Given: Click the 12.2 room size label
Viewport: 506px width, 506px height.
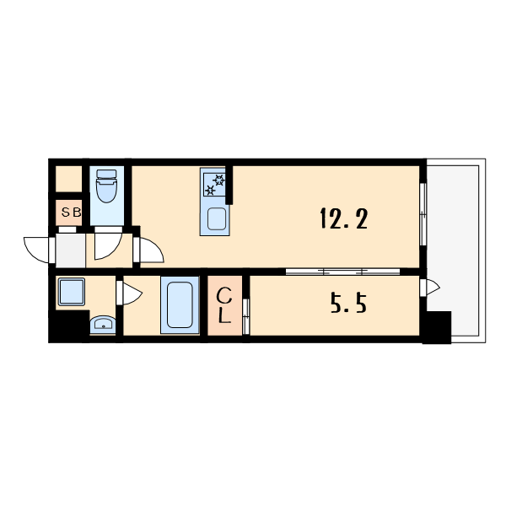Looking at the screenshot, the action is [x=344, y=218].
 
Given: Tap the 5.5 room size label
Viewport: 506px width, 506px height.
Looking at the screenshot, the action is [x=349, y=304].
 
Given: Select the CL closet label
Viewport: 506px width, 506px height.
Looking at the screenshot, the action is [x=224, y=305].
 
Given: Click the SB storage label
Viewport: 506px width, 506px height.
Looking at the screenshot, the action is [x=71, y=213].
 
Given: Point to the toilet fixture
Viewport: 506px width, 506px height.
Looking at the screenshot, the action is [x=106, y=186].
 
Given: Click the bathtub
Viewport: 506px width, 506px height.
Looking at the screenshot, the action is [x=180, y=304].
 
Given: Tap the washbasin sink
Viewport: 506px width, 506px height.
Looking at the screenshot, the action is [x=103, y=325].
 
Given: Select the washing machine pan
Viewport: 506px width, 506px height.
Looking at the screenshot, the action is [x=72, y=292].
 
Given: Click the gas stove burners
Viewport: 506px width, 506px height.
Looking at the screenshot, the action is [x=214, y=184].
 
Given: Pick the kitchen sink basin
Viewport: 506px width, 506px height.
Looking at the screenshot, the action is [x=216, y=218].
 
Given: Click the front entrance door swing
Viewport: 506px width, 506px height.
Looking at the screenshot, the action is [x=36, y=250].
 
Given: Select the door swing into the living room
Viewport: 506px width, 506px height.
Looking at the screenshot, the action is [x=152, y=250].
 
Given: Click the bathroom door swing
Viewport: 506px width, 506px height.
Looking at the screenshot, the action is [x=132, y=293].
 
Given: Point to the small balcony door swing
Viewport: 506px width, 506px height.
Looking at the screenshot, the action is [x=433, y=287].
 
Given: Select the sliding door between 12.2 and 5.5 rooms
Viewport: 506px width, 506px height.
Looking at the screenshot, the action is [x=342, y=272].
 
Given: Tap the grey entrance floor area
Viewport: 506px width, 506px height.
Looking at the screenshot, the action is [x=71, y=250].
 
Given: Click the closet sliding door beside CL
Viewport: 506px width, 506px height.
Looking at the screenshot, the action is [x=246, y=316].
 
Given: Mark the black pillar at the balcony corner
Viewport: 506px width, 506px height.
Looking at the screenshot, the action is [x=437, y=327].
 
